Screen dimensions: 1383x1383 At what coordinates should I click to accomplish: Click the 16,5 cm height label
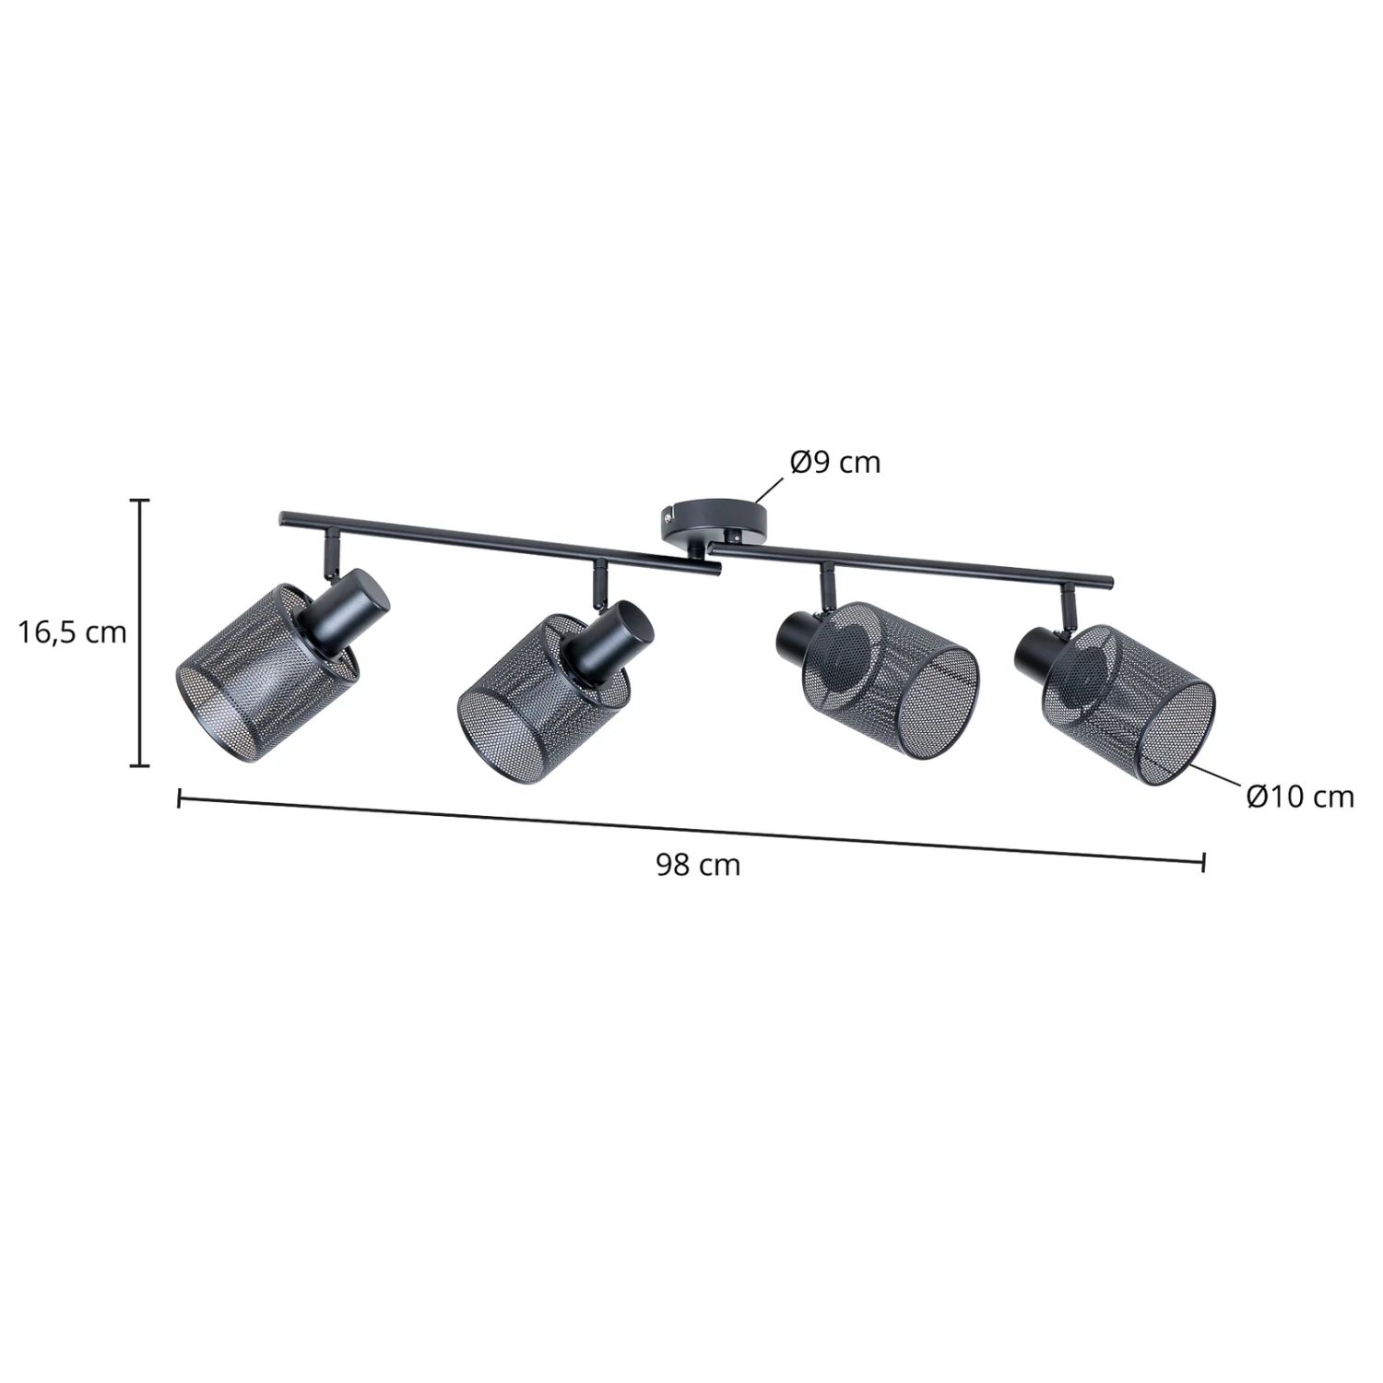pos(73,632)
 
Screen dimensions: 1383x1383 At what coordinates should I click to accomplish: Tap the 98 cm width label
pos(698,865)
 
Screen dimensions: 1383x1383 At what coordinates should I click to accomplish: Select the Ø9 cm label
pos(835,462)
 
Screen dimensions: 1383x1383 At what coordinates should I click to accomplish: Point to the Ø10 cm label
pos(1300,797)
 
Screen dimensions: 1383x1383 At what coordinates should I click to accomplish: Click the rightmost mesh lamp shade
pos(1128,704)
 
